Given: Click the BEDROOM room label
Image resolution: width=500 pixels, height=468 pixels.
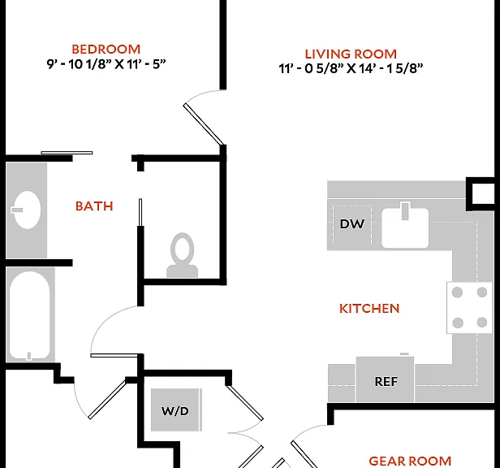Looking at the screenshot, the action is point(106,50).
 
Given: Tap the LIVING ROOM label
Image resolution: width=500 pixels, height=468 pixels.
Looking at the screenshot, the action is point(351,54).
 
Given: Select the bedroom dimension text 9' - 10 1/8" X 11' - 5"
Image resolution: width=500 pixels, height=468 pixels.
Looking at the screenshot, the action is point(106,64).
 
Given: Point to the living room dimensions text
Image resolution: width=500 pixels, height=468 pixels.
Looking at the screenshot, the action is point(351,68).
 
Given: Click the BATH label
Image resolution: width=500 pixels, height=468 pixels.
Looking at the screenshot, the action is point(94,206).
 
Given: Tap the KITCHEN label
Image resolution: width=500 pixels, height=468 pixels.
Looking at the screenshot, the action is point(369,309).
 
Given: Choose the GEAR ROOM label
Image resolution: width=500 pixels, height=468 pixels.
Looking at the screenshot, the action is point(410,461).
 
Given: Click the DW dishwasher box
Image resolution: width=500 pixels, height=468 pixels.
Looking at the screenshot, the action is point(352,224).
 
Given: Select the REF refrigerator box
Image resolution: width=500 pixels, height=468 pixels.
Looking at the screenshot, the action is point(385,379).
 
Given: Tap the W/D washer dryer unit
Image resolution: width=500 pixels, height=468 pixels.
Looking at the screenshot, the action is point(175,409).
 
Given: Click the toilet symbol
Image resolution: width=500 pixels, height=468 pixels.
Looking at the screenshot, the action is point(182,255).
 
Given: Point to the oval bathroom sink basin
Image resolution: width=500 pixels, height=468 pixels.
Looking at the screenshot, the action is point(27,210).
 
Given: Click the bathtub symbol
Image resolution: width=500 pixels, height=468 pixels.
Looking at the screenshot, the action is point(30,314).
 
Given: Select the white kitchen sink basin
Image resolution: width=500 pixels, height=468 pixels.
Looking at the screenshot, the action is point(405,228).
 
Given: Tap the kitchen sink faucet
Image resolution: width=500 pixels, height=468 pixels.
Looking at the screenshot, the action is point(405,211).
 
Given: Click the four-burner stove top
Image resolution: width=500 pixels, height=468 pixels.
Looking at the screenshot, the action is point(469,308).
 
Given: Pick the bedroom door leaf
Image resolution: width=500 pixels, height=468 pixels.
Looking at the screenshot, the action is point(204,123).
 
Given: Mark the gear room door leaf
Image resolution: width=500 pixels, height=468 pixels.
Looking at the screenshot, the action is point(304,454).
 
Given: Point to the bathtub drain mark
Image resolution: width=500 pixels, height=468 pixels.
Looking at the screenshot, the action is point(29,356).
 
